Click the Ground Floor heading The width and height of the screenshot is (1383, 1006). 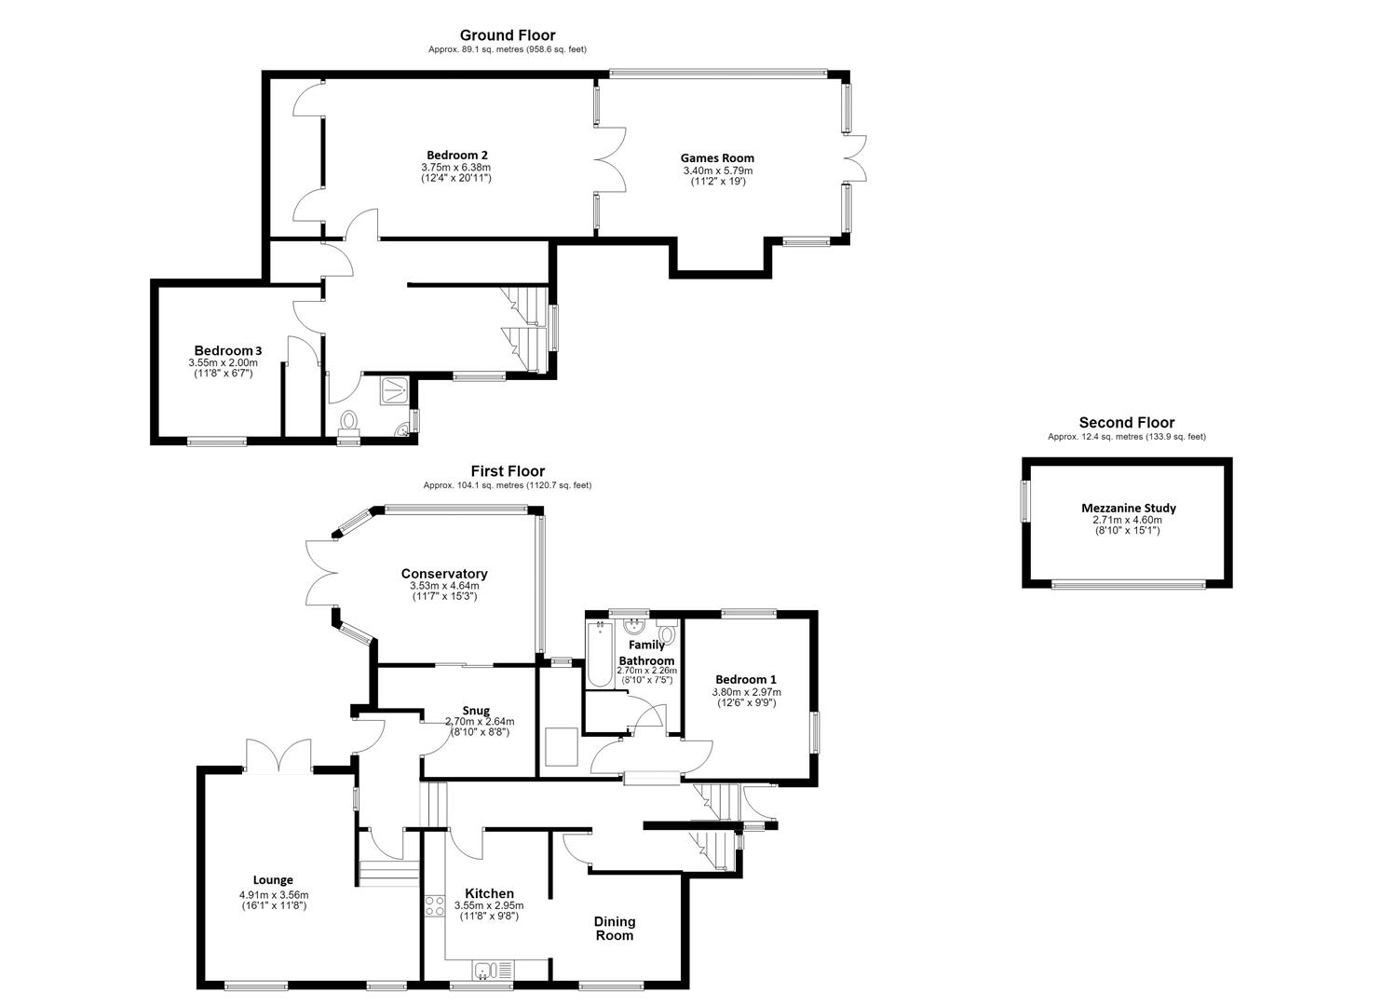click(508, 35)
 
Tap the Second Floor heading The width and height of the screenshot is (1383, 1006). click(1127, 423)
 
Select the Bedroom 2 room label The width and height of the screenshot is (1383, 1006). click(457, 155)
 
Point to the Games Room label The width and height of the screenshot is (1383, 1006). click(717, 158)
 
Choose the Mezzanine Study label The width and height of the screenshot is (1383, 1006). click(1129, 509)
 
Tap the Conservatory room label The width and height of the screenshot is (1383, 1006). click(444, 574)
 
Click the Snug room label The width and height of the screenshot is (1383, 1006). click(476, 711)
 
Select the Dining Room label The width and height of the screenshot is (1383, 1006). click(615, 929)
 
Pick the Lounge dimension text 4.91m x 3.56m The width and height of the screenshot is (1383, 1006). click(274, 895)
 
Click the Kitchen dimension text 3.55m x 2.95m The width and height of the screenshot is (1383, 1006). click(489, 906)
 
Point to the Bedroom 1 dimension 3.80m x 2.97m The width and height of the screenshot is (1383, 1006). click(747, 692)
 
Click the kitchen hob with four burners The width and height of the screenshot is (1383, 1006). click(434, 906)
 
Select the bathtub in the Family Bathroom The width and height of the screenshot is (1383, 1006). click(599, 655)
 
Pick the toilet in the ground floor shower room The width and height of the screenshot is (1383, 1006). click(349, 422)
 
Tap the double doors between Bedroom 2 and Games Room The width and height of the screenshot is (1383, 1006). click(611, 160)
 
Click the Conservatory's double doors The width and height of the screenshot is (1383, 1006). click(321, 573)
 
